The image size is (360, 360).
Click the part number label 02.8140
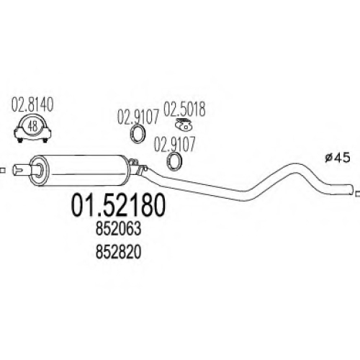32,105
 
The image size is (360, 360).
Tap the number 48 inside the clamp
32,126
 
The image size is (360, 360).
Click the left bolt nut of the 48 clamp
20,140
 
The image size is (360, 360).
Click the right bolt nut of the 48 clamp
45,140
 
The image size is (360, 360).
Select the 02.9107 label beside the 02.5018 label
138,117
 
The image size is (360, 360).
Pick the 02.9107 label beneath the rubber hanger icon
174,144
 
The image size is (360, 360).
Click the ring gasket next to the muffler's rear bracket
174,161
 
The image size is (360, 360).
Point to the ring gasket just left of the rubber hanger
138,134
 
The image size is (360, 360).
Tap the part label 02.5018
184,109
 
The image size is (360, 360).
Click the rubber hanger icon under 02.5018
183,124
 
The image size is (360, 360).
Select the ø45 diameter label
338,158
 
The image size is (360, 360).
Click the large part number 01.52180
118,205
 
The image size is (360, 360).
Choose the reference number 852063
118,229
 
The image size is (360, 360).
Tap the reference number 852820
118,253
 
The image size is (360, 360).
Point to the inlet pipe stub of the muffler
22,170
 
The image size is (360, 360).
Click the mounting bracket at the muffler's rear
138,166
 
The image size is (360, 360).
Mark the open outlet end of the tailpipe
351,189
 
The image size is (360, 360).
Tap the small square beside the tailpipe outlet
358,194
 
